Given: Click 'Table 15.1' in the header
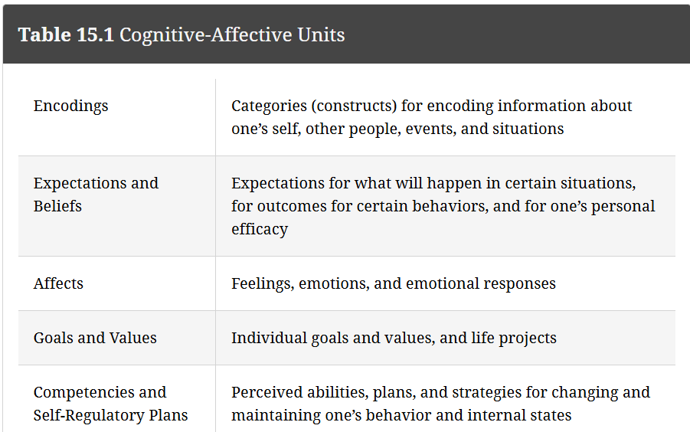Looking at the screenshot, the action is point(66,34).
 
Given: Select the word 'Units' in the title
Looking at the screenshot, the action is point(321,34).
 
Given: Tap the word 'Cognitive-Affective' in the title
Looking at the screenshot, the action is point(205,34).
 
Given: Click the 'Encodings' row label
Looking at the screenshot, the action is point(71,106).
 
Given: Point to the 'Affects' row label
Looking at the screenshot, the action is point(58,283).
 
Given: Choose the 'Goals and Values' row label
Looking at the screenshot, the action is point(95,338).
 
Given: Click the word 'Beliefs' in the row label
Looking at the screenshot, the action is point(57,206).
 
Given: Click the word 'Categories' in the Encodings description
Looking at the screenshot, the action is point(270,106).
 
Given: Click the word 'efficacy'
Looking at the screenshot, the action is point(260,230).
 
